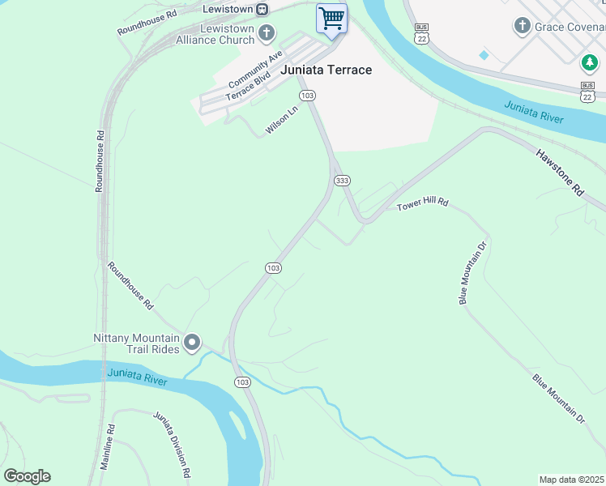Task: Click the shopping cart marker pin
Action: click(x=331, y=18)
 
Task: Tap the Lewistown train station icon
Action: click(x=262, y=9)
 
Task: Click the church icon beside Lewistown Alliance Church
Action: click(x=267, y=33)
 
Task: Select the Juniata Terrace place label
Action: click(x=326, y=70)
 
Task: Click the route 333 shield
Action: click(x=341, y=180)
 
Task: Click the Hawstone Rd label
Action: click(x=559, y=172)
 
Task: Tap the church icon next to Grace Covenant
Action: click(x=522, y=26)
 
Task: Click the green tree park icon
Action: click(x=589, y=62)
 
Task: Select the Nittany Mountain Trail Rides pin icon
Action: click(x=192, y=343)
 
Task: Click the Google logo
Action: click(x=27, y=475)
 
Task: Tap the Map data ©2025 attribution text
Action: click(x=570, y=480)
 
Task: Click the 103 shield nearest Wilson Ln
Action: click(x=306, y=96)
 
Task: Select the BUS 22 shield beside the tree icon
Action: click(x=587, y=91)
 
